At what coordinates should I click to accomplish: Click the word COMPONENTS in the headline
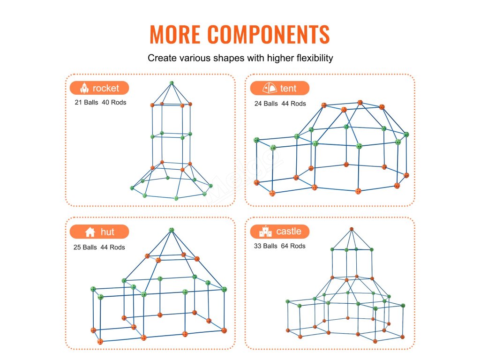(x=269, y=34)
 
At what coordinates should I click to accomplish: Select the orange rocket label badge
(x=99, y=88)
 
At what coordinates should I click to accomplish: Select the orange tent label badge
(x=279, y=88)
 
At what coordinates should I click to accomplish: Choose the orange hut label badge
(x=99, y=232)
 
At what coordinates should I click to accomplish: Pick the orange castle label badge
(x=280, y=231)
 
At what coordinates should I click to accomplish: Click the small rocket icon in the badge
(x=85, y=88)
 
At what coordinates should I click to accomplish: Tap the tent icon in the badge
(x=270, y=88)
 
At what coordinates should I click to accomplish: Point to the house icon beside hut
(x=90, y=232)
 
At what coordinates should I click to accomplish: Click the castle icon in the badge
(x=266, y=231)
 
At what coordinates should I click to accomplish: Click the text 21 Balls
(x=86, y=102)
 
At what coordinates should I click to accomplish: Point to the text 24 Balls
(x=266, y=104)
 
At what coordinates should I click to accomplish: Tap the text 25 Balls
(x=85, y=247)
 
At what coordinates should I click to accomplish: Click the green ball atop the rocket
(x=172, y=83)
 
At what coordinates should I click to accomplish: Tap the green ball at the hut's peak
(x=171, y=230)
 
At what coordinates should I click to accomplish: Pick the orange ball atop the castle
(x=351, y=229)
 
